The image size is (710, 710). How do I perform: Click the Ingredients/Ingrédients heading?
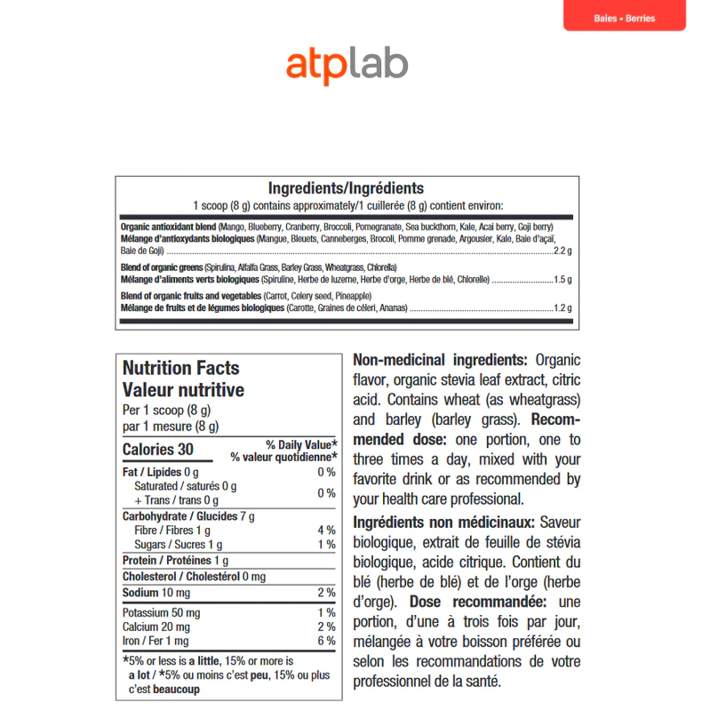(346, 188)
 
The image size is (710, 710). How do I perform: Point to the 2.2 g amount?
(562, 251)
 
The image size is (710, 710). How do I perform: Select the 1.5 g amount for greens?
(562, 279)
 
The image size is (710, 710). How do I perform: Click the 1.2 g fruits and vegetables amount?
(562, 308)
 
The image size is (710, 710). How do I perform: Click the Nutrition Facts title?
(180, 368)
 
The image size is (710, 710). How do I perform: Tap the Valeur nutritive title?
(183, 390)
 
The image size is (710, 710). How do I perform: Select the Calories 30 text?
(157, 450)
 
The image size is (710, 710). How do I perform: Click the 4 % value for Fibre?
(326, 531)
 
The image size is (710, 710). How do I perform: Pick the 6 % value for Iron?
(326, 641)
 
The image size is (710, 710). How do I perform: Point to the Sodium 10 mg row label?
(156, 593)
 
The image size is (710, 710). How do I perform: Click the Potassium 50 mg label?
(161, 613)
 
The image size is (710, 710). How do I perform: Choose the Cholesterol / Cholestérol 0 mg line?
(194, 577)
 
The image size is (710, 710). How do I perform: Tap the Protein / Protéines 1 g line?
(175, 561)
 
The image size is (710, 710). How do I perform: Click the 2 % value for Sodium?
(326, 593)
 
